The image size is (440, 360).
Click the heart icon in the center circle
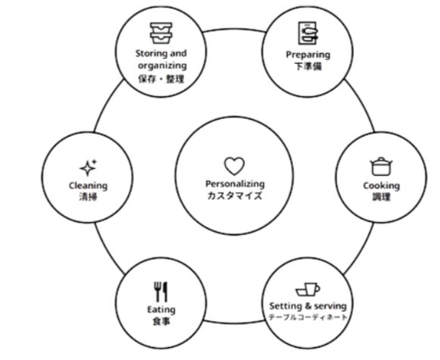[x=234, y=166]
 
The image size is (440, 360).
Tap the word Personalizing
[x=235, y=184]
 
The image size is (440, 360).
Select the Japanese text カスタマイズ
[x=235, y=196]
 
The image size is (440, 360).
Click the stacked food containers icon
[x=161, y=33]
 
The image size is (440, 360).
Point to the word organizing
[x=162, y=66]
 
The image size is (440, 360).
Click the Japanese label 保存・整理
[x=161, y=79]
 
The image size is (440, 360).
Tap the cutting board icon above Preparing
[x=307, y=33]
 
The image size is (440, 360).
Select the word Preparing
[x=307, y=55]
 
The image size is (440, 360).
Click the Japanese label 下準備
[x=307, y=67]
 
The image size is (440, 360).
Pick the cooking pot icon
[x=381, y=166]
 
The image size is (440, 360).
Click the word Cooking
[x=382, y=186]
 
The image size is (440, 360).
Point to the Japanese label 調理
[x=382, y=197]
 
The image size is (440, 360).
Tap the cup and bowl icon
[x=307, y=290]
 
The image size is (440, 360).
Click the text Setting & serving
[x=307, y=305]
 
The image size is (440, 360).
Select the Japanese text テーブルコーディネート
[x=307, y=318]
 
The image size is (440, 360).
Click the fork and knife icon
[x=161, y=292]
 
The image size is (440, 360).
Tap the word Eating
[x=161, y=310]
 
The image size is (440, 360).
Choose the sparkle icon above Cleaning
[x=88, y=167]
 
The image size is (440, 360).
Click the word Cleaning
[x=88, y=186]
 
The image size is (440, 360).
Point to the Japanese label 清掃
[x=88, y=197]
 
